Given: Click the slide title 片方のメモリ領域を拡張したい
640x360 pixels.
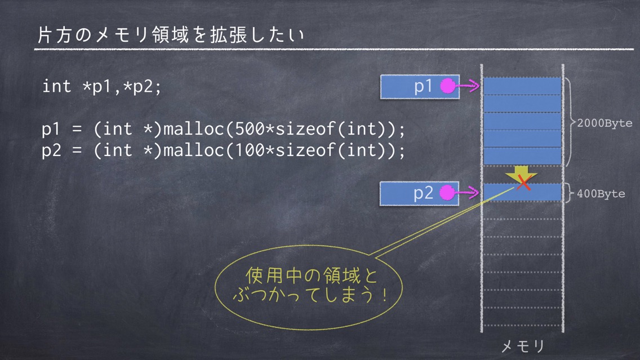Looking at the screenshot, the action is (171, 35).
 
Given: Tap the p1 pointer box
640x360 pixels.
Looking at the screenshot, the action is (420, 87).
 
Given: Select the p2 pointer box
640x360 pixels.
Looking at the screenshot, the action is (420, 193).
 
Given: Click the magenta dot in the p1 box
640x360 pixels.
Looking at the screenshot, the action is (448, 86).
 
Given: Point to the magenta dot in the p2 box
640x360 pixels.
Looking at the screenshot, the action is (447, 193).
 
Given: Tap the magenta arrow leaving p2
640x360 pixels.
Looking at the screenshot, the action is (467, 192).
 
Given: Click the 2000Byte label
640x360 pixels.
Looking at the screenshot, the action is (605, 123).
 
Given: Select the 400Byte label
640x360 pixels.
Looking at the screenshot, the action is (601, 194).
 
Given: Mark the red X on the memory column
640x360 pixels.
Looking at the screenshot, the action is (523, 183).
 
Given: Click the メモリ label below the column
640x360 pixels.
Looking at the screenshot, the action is (523, 346).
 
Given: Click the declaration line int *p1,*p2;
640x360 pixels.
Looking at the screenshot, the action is (102, 87).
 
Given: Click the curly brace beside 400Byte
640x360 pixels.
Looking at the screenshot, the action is (569, 193).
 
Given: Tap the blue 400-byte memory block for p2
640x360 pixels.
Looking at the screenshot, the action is (522, 192).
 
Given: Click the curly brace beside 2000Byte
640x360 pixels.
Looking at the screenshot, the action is (571, 122).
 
